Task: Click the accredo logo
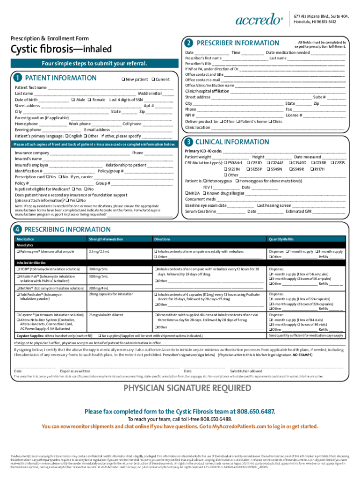coord(259,20)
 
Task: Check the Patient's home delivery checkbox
coord(238,121)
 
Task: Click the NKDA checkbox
coord(187,193)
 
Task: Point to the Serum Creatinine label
coord(200,211)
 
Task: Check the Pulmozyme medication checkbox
coord(17,252)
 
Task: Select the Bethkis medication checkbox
coord(17,288)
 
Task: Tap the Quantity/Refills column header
coord(281,239)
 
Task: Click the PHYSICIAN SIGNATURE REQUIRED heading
coord(180,388)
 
